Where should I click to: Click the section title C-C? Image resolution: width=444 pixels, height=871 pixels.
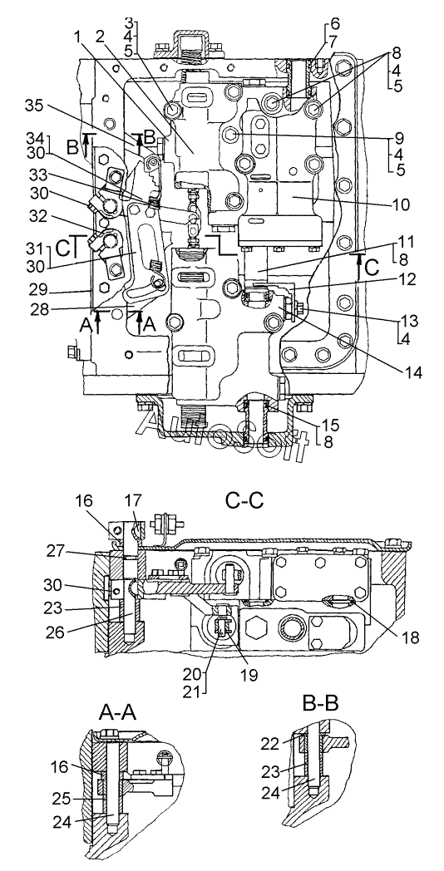tap(244, 502)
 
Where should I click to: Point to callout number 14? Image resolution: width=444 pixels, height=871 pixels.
tap(412, 373)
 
